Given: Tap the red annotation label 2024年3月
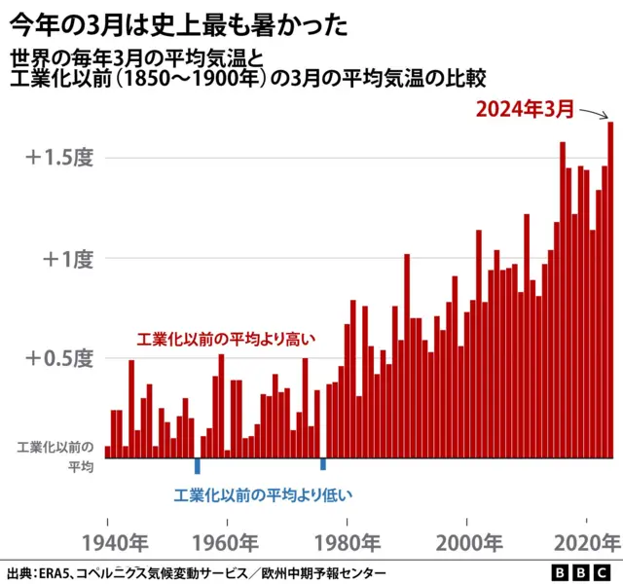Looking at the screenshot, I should (525, 109).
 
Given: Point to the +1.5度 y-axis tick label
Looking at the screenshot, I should (59, 158).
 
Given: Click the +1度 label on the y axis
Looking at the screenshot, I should (67, 258).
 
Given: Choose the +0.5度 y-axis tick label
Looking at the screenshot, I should (59, 358).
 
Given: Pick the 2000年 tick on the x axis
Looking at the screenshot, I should (466, 541).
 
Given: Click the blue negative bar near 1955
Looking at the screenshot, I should (198, 465).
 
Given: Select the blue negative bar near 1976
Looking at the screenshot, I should (323, 463).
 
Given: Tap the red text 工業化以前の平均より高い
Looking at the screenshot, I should (227, 339).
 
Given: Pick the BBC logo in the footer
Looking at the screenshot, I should (581, 572).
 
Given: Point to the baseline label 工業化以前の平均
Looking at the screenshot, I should (56, 457).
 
